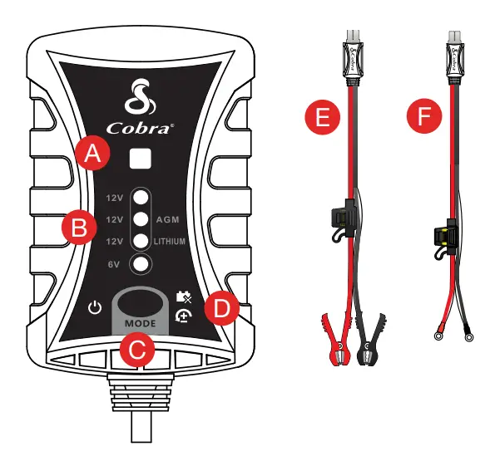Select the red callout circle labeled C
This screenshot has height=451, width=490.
136,350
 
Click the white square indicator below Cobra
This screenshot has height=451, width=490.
141,159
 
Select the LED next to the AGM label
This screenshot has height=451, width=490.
141,220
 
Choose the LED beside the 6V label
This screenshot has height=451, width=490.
141,263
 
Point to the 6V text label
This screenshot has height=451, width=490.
114,264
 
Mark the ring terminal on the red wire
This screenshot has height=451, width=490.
437,337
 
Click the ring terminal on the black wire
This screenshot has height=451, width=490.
471,337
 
